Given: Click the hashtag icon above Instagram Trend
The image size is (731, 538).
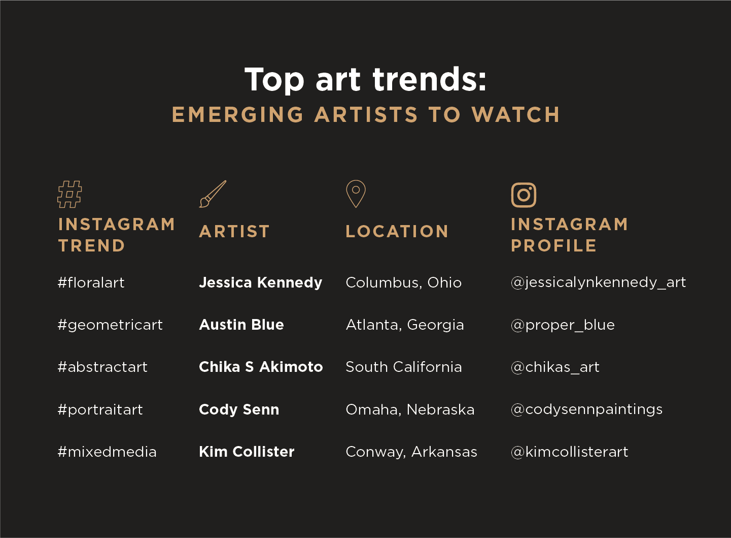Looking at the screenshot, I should click(69, 194).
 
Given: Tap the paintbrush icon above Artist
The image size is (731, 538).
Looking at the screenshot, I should click(213, 194).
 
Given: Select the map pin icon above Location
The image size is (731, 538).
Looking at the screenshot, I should click(356, 193).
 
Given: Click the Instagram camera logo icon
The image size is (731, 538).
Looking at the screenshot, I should click(524, 195).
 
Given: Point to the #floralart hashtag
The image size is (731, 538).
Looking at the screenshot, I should click(91, 282).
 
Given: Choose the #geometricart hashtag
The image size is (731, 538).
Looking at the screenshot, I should click(110, 325).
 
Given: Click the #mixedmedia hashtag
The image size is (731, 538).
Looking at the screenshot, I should click(107, 452).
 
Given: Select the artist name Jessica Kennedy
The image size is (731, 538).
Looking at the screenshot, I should click(260, 282).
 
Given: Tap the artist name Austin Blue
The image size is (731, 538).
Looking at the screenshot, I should click(241, 325).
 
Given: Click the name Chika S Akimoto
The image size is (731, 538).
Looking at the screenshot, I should click(261, 367).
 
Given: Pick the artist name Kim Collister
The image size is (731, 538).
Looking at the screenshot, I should click(247, 452).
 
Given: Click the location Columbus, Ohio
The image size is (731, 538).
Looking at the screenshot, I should click(403, 282).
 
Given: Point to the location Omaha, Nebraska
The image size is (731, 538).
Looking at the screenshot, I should click(410, 409).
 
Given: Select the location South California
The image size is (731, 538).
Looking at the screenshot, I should click(403, 367).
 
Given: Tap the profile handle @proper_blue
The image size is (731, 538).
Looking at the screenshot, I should click(563, 325).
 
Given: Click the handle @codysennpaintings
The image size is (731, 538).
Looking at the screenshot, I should click(586, 409).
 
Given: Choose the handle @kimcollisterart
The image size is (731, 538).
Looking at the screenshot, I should click(569, 452).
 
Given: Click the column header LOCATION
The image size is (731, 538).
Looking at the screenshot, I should click(397, 232).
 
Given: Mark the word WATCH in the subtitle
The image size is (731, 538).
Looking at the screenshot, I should click(516, 115).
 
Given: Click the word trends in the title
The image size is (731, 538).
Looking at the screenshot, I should click(430, 80).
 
